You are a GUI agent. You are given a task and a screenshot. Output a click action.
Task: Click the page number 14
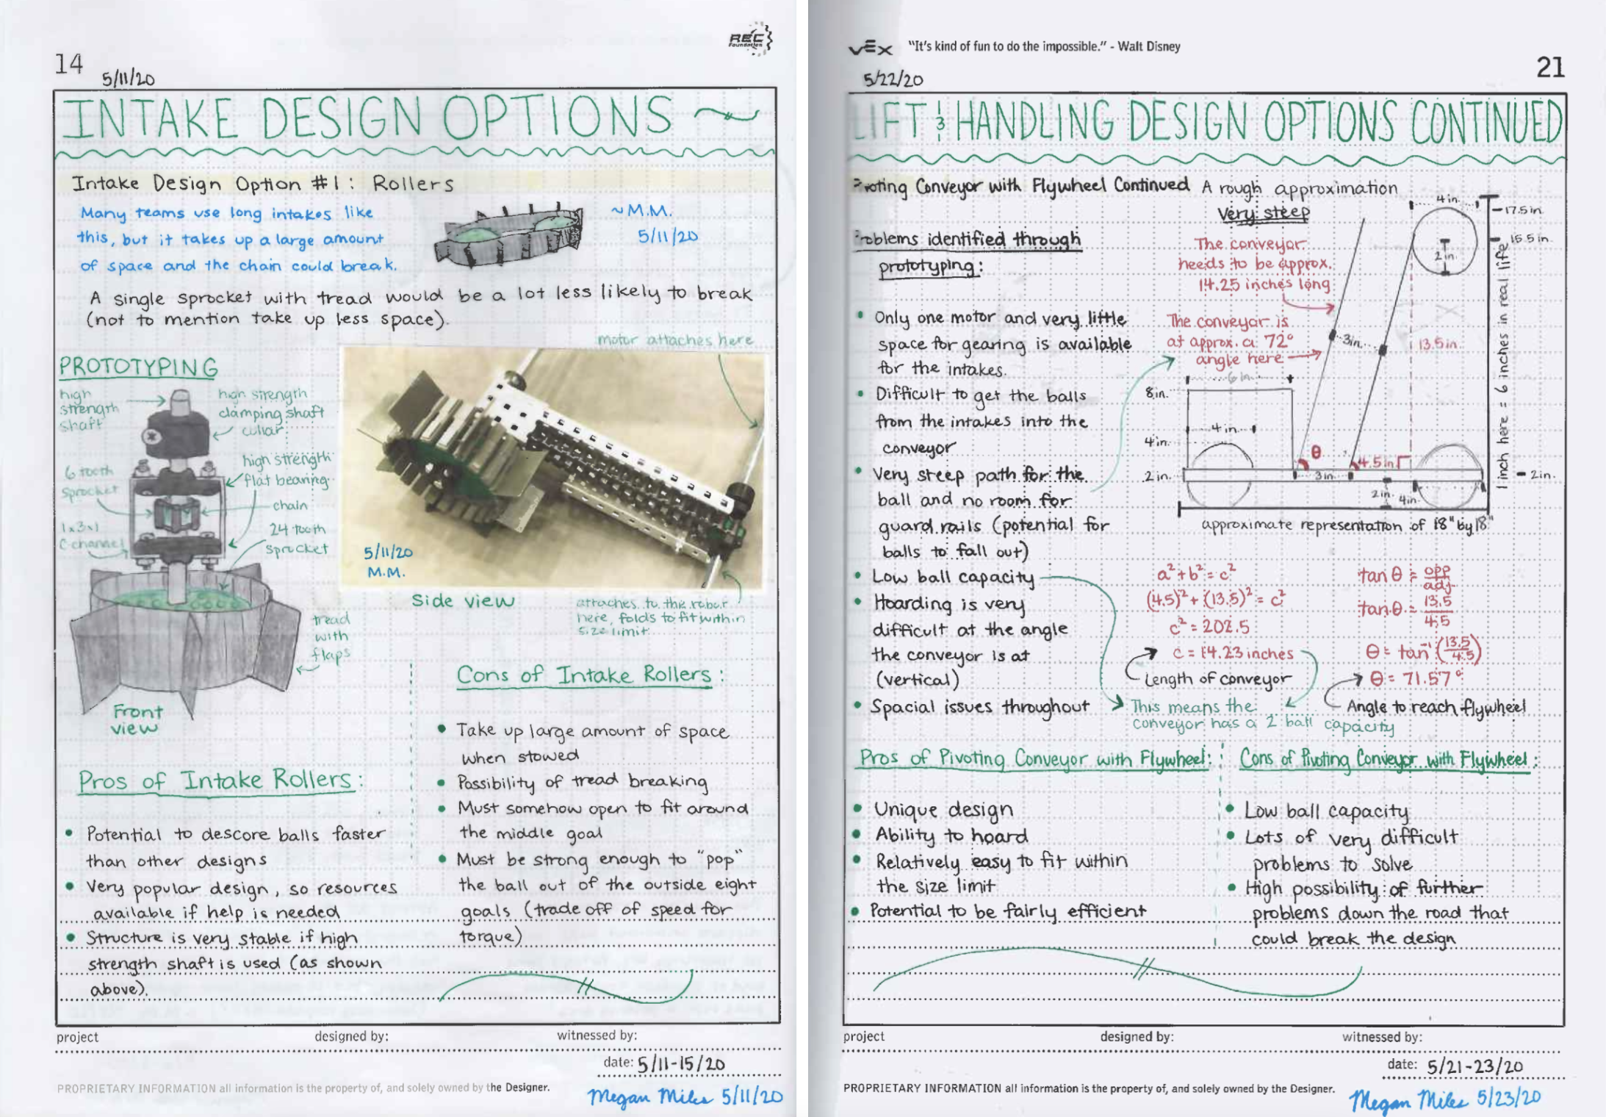click(69, 65)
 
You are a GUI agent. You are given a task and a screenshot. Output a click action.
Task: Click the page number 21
click(1549, 68)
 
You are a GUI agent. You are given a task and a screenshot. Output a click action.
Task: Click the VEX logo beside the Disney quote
click(871, 49)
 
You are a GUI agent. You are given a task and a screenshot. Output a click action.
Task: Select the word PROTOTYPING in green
click(138, 367)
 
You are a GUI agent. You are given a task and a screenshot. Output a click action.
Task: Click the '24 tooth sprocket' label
click(297, 539)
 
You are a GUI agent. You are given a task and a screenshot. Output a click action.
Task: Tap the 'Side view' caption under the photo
click(463, 601)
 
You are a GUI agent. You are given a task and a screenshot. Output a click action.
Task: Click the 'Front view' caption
click(137, 719)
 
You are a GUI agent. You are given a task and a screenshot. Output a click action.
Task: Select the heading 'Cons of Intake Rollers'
click(585, 675)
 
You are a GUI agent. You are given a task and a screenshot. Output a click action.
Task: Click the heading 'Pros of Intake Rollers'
click(216, 780)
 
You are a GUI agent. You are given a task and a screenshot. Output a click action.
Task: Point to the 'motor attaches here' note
click(674, 340)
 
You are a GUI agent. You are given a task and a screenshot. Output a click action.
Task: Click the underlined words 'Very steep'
click(1263, 213)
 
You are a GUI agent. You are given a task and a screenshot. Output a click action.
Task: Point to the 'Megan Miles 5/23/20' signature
click(1444, 1099)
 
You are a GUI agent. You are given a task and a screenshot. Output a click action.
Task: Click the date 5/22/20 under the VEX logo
click(893, 79)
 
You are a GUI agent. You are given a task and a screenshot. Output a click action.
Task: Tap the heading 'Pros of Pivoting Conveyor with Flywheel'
click(1034, 758)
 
